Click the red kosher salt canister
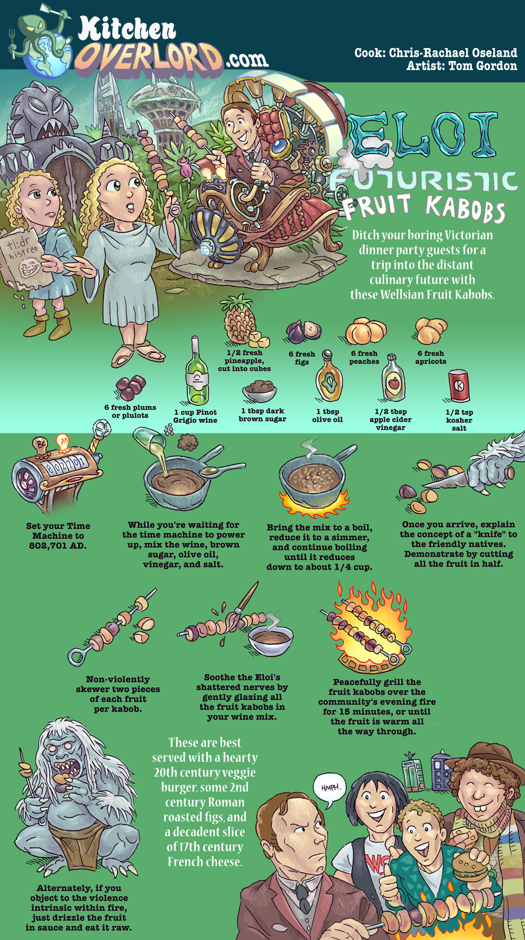459,386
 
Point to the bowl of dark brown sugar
259,391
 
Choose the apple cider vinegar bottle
393,378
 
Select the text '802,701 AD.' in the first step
58,545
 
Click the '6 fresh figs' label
302,358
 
